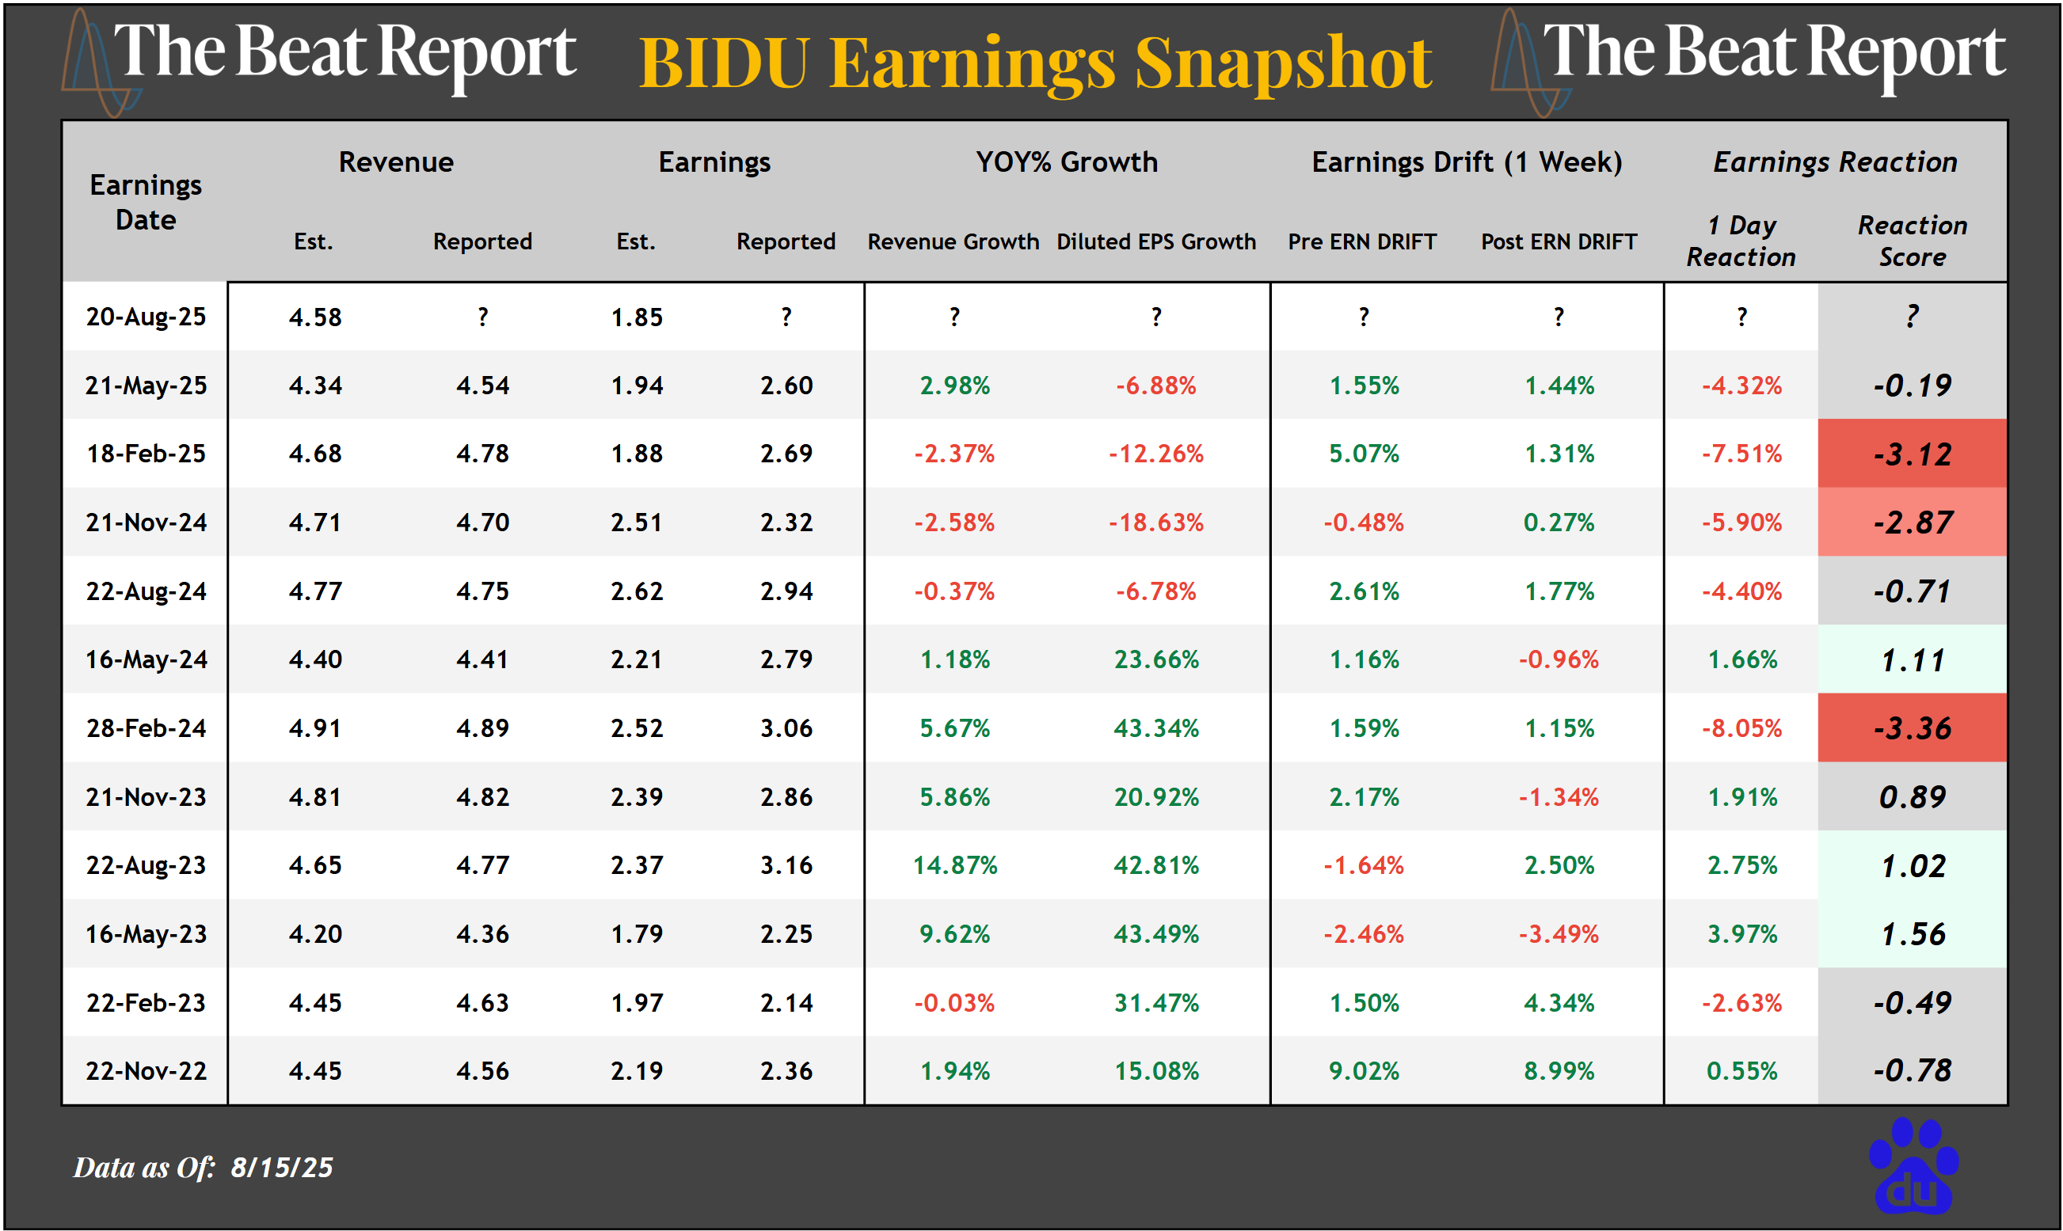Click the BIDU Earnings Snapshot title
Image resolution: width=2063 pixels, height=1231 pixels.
pos(1035,63)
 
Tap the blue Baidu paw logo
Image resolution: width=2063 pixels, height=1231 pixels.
pos(1913,1165)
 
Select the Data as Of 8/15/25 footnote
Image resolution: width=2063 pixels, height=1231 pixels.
pos(204,1167)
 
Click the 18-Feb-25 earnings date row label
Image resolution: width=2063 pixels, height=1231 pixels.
pos(146,454)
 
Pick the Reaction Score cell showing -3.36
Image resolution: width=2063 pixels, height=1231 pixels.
pos(1912,728)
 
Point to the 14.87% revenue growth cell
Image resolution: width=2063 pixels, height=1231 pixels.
pos(954,865)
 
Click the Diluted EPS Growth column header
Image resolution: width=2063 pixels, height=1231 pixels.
pos(1156,241)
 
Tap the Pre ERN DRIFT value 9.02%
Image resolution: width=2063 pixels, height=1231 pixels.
pos(1364,1071)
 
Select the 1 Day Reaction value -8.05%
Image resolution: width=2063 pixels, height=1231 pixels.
pos(1741,728)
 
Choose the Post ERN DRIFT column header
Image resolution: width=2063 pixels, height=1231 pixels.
pos(1559,241)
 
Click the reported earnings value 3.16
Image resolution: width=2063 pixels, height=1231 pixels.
pos(786,865)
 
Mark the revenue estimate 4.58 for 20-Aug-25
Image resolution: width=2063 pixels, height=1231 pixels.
pos(314,317)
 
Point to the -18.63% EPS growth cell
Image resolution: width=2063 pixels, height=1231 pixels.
pos(1156,522)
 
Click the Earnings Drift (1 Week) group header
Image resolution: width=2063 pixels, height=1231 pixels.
pos(1467,161)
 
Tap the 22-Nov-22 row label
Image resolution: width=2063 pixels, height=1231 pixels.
pos(146,1071)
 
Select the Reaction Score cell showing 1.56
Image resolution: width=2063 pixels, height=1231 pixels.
pos(1912,934)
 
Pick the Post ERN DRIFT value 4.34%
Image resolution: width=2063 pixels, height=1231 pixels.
pos(1559,1003)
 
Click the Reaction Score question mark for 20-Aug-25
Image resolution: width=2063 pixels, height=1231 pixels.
pos(1912,316)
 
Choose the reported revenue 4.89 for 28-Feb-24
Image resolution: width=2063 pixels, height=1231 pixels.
pos(482,728)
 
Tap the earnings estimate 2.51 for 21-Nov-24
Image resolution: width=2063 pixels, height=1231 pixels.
pos(637,522)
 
